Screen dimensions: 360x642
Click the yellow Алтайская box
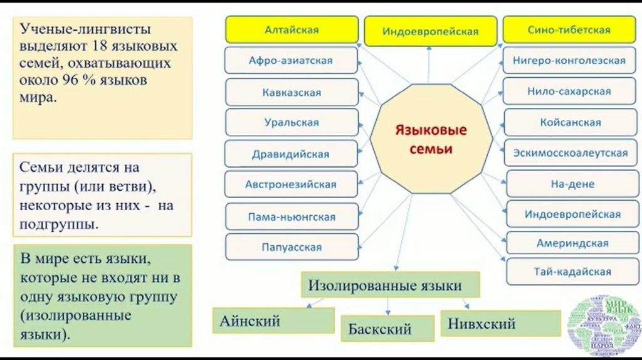click(292, 29)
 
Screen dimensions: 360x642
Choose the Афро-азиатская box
click(291, 61)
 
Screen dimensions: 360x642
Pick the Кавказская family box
click(292, 92)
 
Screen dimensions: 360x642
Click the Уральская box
click(292, 122)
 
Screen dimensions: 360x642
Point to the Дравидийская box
click(292, 153)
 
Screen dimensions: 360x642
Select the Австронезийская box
click(292, 184)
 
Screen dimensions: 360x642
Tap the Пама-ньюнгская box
click(292, 216)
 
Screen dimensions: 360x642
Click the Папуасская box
click(292, 246)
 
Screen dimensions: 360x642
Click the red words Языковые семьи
click(430, 140)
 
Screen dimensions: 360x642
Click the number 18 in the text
click(98, 46)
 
